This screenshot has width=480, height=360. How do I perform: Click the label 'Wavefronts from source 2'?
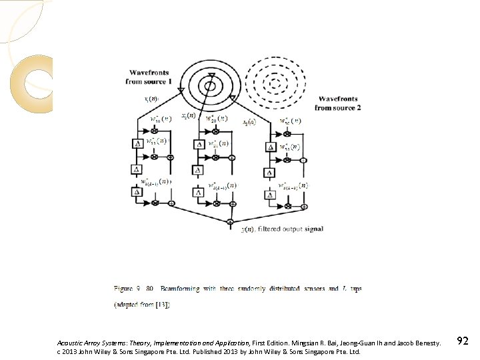337,103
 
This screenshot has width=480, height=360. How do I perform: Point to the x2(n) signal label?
189,116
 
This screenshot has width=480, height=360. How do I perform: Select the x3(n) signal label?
249,122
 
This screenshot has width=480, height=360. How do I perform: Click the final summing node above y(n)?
231,222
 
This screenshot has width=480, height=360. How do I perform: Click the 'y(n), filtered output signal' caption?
282,229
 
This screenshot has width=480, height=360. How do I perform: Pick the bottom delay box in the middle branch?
199,192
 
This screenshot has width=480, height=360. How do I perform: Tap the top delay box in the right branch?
271,147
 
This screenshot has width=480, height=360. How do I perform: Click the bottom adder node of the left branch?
171,203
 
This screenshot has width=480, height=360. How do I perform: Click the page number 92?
463,341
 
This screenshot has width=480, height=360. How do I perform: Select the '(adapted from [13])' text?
142,305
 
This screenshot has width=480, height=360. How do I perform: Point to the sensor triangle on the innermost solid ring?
211,75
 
